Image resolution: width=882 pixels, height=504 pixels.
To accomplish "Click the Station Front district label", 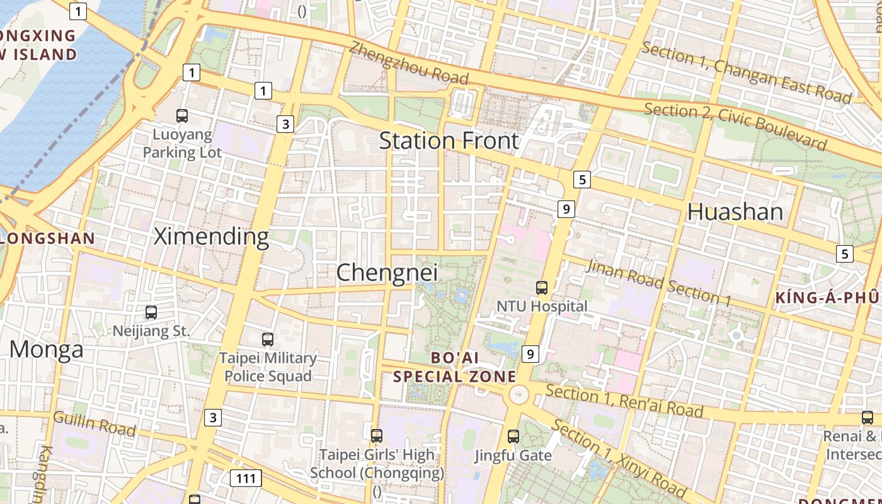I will click(x=449, y=140).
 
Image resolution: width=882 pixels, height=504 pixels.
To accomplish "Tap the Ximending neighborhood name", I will click(x=212, y=237).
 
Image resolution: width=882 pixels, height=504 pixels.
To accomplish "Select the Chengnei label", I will click(x=387, y=273).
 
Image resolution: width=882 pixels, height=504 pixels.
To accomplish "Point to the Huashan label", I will click(x=735, y=212).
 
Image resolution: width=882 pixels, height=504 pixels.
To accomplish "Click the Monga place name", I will click(x=47, y=349).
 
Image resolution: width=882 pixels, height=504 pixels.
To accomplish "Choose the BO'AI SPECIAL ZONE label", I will click(x=454, y=367).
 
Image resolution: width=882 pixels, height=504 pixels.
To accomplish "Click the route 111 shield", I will click(x=246, y=478).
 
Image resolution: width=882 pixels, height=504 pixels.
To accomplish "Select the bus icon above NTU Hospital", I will click(x=542, y=288).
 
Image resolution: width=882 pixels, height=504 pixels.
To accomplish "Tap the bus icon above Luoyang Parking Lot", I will click(x=182, y=115).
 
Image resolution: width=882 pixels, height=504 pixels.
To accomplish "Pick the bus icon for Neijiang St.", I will click(x=151, y=312).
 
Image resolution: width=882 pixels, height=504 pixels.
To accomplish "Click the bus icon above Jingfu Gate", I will click(x=513, y=436).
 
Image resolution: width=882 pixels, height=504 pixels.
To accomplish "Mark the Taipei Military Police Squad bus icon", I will click(x=268, y=339).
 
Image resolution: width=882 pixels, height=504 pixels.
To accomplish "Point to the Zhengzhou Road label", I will click(x=409, y=63).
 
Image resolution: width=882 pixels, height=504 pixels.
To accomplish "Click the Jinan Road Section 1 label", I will click(x=659, y=283).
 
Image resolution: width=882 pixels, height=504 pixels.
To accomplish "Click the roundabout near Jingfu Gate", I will click(x=518, y=395).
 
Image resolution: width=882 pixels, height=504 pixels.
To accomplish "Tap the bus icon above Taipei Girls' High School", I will click(x=377, y=435).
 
